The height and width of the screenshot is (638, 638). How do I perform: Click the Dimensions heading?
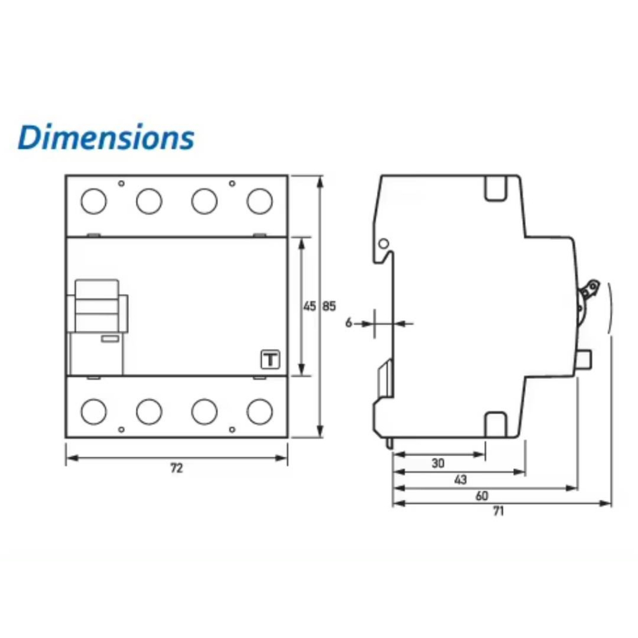(106, 137)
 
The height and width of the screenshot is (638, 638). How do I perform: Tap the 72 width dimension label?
(176, 469)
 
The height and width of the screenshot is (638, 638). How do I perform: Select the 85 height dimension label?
(329, 306)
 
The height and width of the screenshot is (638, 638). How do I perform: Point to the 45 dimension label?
(310, 306)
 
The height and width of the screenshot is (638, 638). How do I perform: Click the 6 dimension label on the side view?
(349, 323)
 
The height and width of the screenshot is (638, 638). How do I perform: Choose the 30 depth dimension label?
(438, 463)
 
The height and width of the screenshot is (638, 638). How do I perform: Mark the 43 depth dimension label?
(460, 480)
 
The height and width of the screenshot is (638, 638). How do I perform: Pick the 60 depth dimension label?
(482, 496)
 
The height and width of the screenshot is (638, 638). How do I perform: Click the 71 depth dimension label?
(498, 511)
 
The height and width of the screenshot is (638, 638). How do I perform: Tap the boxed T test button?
(270, 359)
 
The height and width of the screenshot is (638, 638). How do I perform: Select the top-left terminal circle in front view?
(93, 201)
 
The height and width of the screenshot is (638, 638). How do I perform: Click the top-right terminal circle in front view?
(260, 201)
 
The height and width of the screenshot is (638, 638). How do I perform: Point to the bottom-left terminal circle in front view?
(93, 411)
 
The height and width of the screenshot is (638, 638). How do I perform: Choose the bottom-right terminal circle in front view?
(260, 411)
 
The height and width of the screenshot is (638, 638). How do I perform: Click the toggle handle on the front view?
(98, 306)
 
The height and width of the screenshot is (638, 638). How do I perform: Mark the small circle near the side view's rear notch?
(384, 244)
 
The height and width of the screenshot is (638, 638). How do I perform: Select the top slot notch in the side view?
(495, 188)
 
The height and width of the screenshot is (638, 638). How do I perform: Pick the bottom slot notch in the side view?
(495, 425)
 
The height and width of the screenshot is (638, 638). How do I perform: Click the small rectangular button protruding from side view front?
(584, 360)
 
